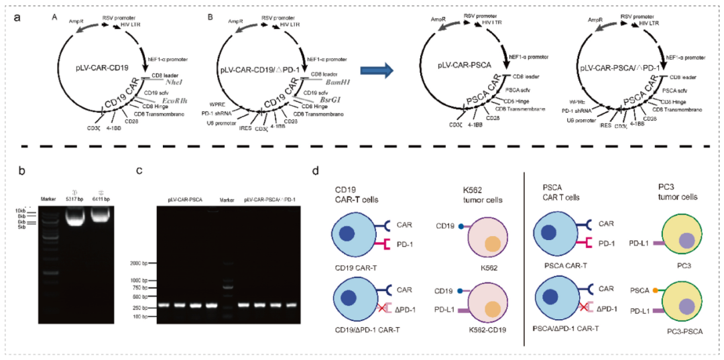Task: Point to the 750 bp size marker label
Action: pyautogui.click(x=145, y=287)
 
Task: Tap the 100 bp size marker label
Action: pyautogui.click(x=145, y=316)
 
